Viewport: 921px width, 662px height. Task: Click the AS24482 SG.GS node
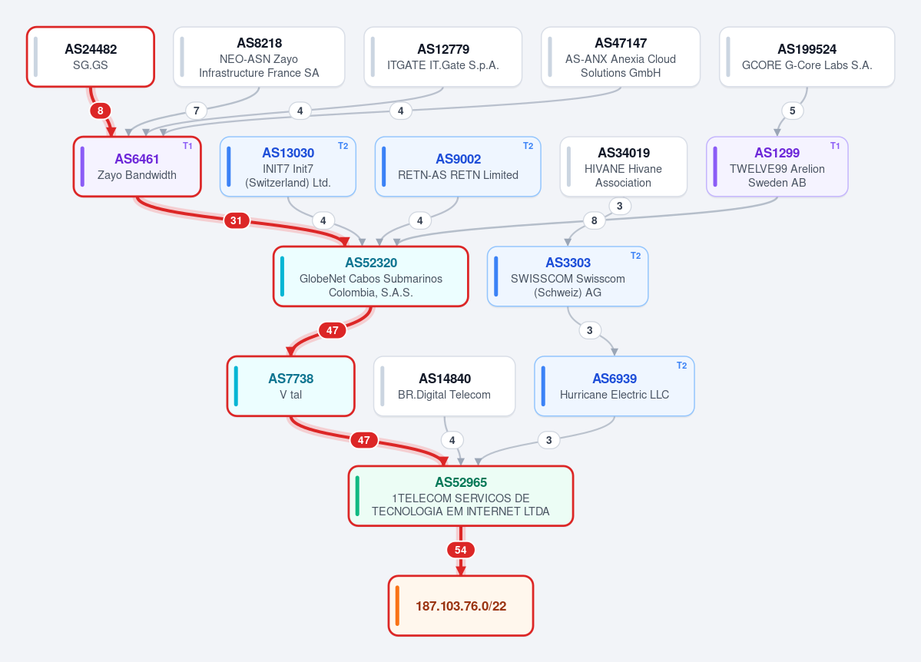point(91,57)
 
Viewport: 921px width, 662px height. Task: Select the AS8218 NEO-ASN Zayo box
point(259,57)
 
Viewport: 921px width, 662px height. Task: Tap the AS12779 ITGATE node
point(443,57)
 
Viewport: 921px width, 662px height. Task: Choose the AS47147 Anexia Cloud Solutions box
point(620,57)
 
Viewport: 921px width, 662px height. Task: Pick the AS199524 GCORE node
point(807,57)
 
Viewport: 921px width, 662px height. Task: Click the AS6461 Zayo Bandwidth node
point(137,167)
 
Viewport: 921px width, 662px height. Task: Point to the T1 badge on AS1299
point(835,146)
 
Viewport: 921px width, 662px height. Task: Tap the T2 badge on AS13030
point(343,146)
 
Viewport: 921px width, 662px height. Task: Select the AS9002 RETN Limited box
point(458,167)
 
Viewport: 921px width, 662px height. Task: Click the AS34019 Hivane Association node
point(623,167)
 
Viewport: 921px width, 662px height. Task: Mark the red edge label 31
point(236,220)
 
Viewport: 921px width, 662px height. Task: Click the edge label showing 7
point(196,111)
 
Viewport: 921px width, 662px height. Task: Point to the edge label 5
point(793,111)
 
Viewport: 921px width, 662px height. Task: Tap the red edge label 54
point(461,550)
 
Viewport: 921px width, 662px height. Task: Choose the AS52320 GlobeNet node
point(371,276)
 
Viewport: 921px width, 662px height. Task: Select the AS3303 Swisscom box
point(568,276)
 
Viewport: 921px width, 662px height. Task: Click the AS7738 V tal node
point(291,386)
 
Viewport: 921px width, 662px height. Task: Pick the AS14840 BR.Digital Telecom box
point(444,386)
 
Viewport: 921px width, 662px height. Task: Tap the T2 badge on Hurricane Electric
point(681,366)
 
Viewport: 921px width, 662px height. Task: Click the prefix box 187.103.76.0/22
point(461,606)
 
